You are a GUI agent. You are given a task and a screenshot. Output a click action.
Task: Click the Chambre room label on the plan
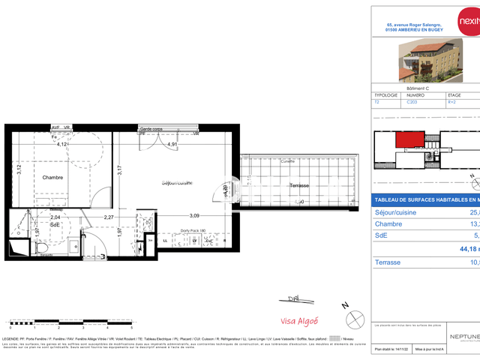tap(52, 178)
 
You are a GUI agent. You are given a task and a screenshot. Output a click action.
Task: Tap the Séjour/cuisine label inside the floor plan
tap(178, 183)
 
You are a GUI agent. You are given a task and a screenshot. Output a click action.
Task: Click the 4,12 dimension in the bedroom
tap(62, 144)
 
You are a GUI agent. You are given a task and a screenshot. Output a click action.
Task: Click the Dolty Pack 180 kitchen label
tap(192, 231)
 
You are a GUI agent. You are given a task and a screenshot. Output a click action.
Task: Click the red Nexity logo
tap(466, 23)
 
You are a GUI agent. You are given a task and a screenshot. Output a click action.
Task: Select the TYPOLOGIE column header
tap(387, 96)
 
